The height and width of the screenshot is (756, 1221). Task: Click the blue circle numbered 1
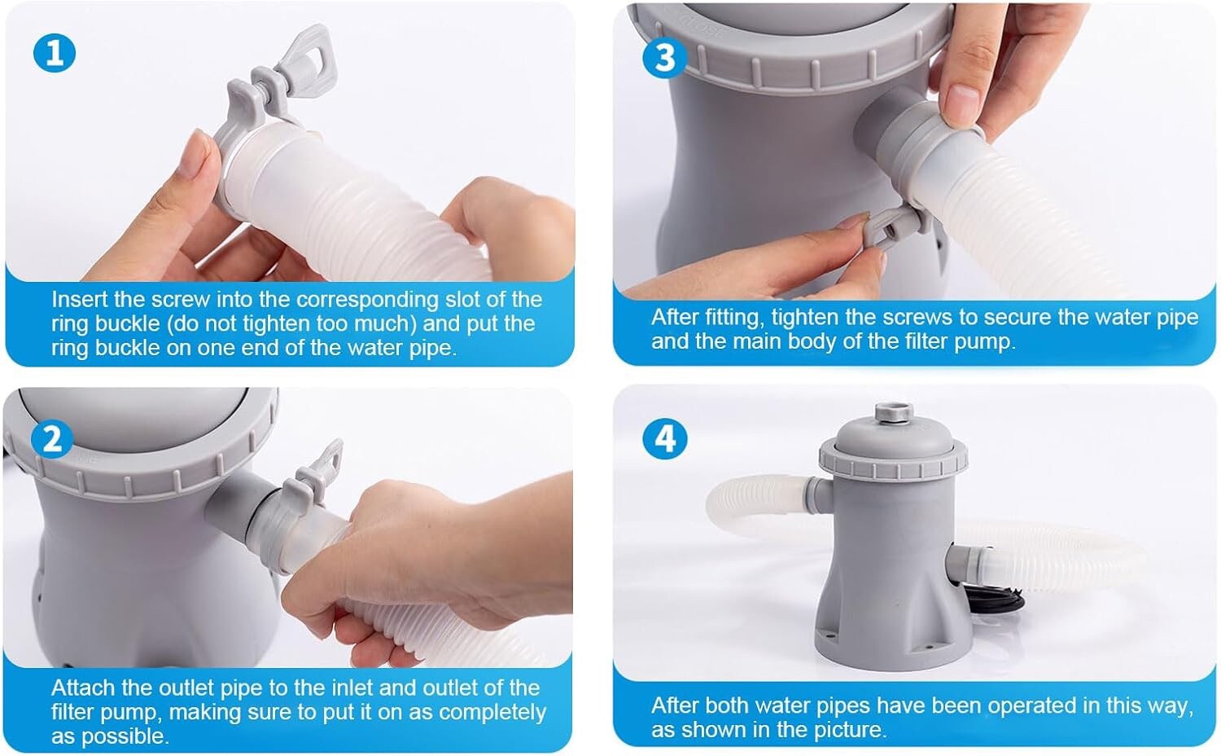coord(55,53)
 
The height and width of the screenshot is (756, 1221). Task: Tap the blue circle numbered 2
coord(52,439)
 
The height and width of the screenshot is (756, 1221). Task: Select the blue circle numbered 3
coord(664,58)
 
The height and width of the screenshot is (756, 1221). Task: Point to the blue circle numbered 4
coord(664,439)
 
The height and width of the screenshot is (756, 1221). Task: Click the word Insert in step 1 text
coord(78,300)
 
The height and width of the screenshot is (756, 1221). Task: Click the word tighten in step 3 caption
coord(804,318)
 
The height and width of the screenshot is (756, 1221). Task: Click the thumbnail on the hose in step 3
coord(962,102)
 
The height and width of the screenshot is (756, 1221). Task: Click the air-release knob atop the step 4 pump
coord(894,411)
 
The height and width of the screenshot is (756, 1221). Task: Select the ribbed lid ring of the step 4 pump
coord(893,459)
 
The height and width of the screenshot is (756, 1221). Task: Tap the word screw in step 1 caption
coord(181,300)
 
